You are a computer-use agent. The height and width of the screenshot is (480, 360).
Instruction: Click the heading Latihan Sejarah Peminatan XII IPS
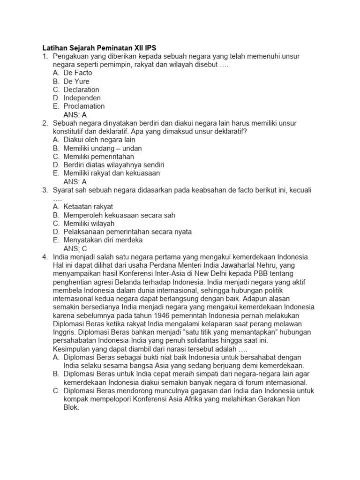100,48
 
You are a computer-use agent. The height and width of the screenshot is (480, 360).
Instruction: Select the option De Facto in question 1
78,73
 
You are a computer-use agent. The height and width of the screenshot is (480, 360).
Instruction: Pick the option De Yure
76,81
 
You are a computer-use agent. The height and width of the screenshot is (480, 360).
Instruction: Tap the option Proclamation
84,106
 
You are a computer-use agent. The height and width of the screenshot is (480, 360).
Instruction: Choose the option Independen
82,98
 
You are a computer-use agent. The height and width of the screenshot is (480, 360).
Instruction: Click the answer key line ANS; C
75,248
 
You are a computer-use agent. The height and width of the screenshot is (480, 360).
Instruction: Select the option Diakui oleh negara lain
99,140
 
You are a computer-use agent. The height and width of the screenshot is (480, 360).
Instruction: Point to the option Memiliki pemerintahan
99,157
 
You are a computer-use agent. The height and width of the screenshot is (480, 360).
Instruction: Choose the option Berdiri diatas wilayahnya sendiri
114,165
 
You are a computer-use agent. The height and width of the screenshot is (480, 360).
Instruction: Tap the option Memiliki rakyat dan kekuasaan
112,173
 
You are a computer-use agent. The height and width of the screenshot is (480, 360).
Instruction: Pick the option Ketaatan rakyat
89,207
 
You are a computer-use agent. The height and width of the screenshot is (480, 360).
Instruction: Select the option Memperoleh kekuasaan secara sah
120,215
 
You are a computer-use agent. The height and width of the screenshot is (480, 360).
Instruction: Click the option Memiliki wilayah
89,224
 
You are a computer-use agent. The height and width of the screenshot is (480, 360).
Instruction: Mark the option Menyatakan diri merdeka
103,240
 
